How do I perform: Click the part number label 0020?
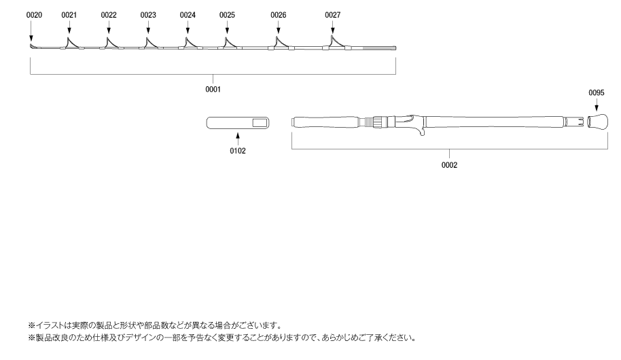point(34,15)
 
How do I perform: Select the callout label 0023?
point(148,15)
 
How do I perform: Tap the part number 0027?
point(333,15)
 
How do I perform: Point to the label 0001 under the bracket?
point(213,90)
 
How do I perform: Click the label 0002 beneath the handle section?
point(449,165)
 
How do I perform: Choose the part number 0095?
point(597,92)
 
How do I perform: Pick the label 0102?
point(238,151)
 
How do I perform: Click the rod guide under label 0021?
point(71,43)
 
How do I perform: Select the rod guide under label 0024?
point(189,43)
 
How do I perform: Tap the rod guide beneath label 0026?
point(280,43)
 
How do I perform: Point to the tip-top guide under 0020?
point(31,47)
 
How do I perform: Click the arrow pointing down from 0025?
point(228,27)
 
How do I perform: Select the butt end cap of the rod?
point(598,122)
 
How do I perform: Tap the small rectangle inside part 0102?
point(260,123)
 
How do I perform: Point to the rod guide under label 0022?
point(109,43)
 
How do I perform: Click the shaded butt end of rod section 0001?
point(379,48)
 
